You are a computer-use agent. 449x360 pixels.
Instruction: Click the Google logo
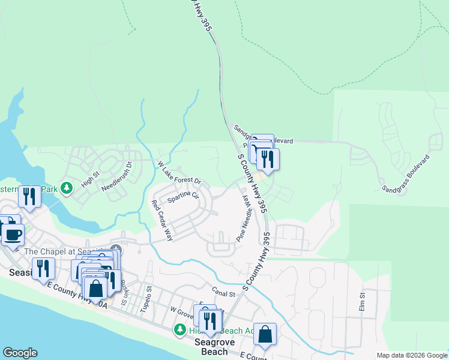click(x=20, y=353)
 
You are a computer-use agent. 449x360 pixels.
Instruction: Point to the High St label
click(x=90, y=178)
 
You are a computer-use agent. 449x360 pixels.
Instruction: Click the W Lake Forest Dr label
click(x=179, y=173)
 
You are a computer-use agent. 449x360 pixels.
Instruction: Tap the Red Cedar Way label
click(x=162, y=220)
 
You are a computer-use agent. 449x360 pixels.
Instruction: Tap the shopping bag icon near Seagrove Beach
click(x=265, y=334)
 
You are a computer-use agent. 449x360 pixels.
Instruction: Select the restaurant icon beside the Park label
click(x=29, y=195)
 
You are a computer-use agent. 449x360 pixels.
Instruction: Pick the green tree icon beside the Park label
click(x=67, y=188)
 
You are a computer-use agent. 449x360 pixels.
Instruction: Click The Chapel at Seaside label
click(x=66, y=251)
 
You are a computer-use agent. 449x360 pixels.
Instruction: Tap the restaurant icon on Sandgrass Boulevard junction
click(x=268, y=158)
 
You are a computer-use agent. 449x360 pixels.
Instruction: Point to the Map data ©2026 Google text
click(x=411, y=355)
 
